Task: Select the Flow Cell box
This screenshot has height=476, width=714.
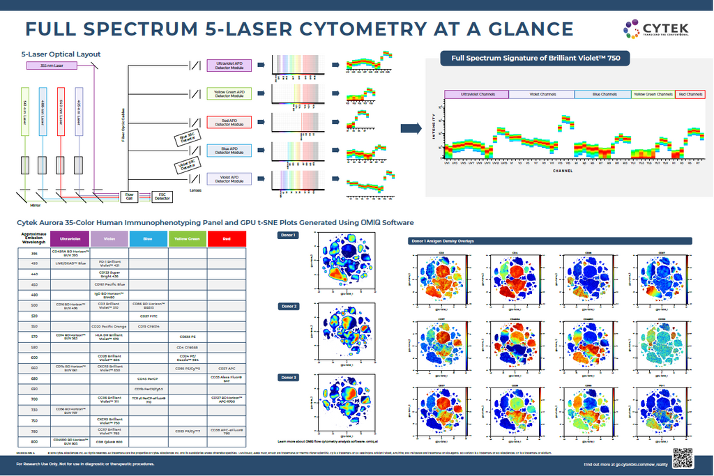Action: click(x=129, y=197)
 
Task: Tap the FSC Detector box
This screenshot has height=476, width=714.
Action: click(x=161, y=197)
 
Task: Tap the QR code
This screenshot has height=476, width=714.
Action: click(x=683, y=459)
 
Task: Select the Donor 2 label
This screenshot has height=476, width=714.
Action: click(x=289, y=307)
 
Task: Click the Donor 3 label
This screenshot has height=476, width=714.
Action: click(x=289, y=377)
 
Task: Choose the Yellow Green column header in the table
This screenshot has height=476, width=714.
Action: click(x=188, y=238)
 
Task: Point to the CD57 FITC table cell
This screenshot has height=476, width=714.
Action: click(x=147, y=316)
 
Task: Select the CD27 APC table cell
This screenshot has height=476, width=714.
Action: click(x=228, y=368)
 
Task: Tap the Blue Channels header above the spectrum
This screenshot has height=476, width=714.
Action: click(x=603, y=94)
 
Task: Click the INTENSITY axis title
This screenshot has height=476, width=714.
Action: click(x=434, y=128)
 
